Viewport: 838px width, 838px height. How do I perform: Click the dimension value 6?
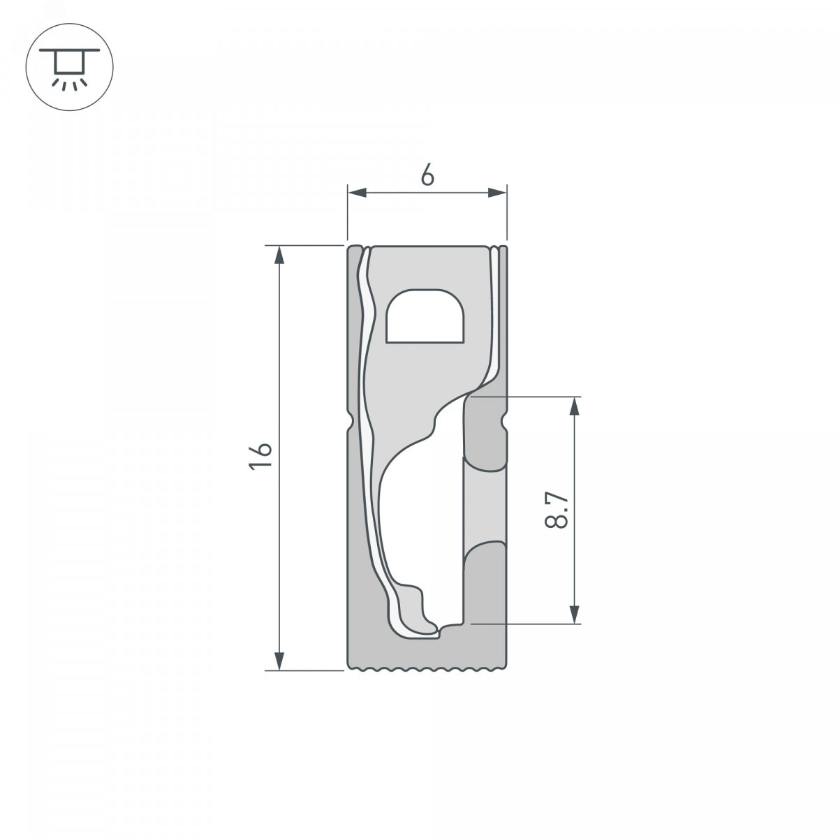[427, 176]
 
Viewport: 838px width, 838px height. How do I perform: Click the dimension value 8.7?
[556, 510]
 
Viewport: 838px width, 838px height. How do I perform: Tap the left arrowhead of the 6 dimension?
[357, 193]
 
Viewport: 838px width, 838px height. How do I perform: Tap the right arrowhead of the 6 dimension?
[497, 193]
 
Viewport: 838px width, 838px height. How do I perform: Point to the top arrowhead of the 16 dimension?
[279, 256]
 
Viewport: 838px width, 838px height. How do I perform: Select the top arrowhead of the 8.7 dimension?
[575, 406]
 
